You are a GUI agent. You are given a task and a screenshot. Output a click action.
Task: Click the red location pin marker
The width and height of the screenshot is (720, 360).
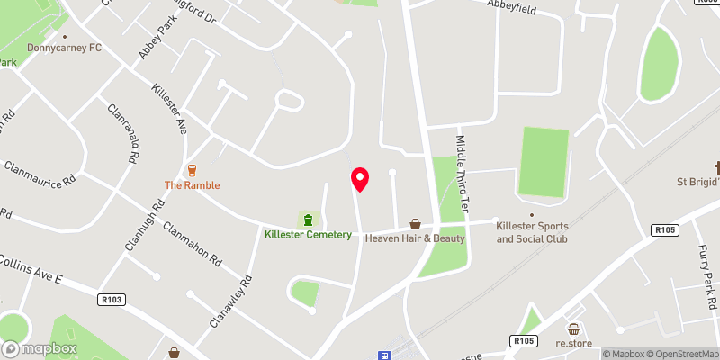(360, 179)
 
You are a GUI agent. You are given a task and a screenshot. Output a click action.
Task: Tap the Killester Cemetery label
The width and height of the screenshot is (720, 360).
(308, 235)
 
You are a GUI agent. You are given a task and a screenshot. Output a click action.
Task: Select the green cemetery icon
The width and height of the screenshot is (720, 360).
(308, 220)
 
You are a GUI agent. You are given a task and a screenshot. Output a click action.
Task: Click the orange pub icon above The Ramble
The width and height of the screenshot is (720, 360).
(192, 170)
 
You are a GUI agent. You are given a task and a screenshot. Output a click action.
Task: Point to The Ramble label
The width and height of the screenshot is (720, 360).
(192, 185)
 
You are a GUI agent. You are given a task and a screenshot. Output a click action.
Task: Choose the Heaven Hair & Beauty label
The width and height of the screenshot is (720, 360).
(415, 238)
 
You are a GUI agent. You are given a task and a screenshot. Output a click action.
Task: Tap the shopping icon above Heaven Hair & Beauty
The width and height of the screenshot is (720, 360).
(415, 223)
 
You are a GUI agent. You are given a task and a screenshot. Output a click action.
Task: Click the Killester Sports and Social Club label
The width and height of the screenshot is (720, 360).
(533, 233)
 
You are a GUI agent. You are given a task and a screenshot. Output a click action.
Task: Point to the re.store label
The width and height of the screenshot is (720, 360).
(572, 344)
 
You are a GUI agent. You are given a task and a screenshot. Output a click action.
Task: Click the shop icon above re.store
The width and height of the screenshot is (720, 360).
(572, 329)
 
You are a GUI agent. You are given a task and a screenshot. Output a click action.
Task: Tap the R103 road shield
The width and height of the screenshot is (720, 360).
(113, 299)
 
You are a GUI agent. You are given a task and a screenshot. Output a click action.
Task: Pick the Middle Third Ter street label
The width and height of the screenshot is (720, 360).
(463, 174)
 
